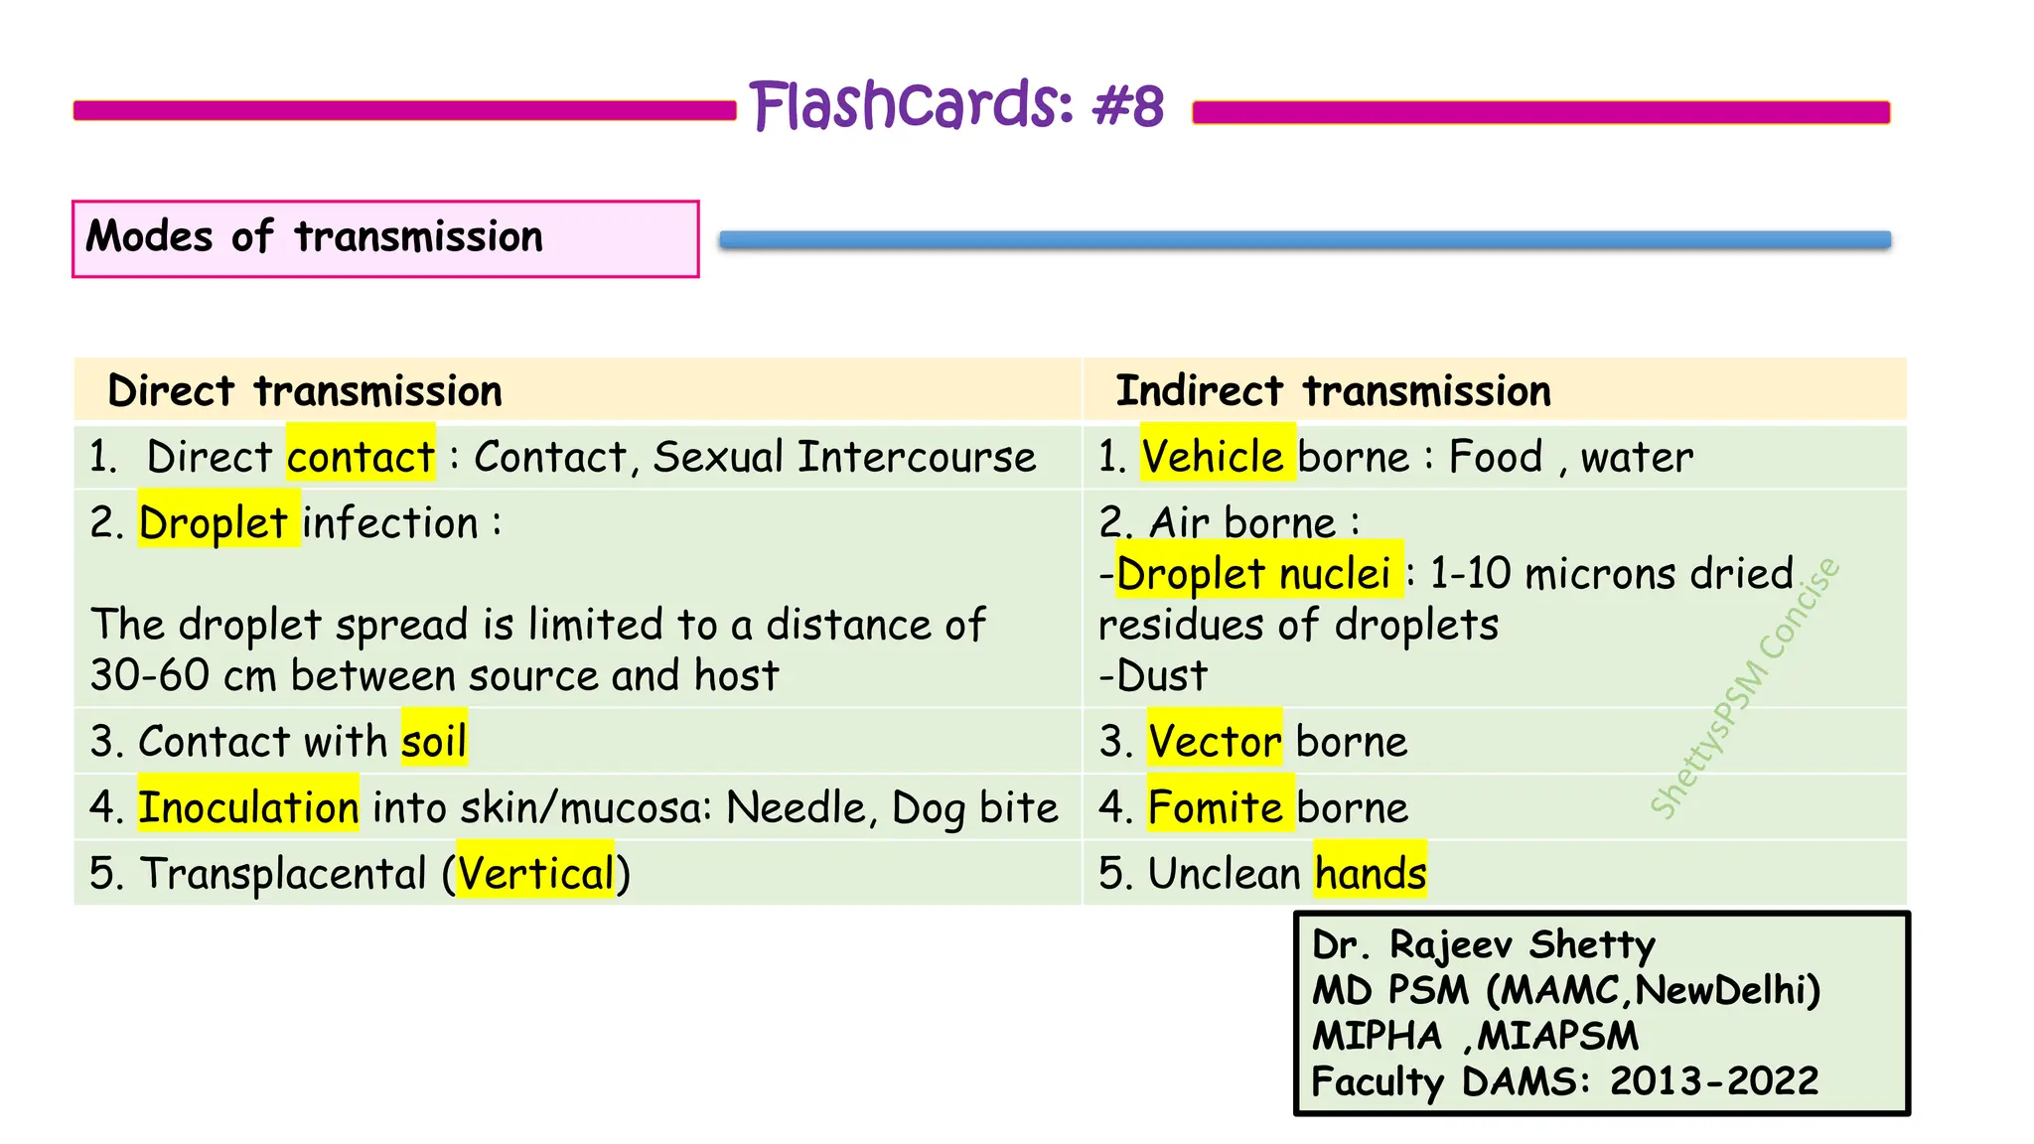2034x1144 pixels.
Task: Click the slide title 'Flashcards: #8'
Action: pos(956,105)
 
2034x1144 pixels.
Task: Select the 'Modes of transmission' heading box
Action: pos(385,238)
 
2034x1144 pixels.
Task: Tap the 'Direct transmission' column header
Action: pos(305,391)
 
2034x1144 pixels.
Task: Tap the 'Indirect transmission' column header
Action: pos(1333,391)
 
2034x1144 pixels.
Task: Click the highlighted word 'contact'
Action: pos(361,457)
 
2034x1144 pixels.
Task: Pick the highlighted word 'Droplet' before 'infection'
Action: pos(214,522)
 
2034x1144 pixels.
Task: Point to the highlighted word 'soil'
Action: pos(434,741)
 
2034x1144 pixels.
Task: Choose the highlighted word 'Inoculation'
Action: pos(248,807)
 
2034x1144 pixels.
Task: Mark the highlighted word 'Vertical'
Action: pos(536,874)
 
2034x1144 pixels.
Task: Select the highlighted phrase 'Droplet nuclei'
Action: pos(1253,573)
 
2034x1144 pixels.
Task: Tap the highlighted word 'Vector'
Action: pos(1214,741)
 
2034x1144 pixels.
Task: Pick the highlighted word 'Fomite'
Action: pos(1216,807)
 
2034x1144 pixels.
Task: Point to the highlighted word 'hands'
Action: pos(1371,874)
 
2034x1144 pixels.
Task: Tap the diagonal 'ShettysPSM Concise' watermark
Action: pos(1745,688)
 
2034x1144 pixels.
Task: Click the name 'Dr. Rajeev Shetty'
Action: pos(1484,944)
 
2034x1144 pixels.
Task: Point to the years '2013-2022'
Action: pos(1714,1080)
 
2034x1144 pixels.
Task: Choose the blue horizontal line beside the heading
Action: pos(1305,239)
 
